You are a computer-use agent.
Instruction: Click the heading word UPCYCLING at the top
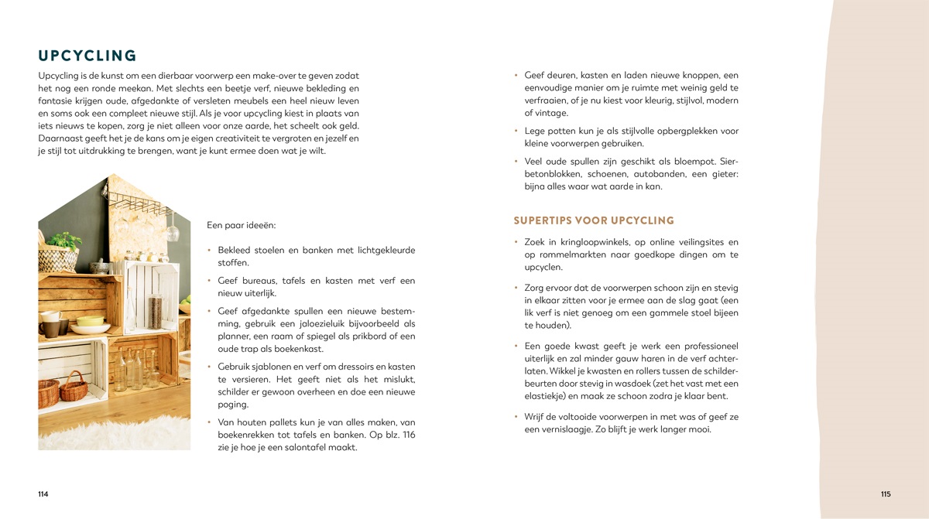[87, 56]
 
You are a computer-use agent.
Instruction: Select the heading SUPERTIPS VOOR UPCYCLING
[594, 220]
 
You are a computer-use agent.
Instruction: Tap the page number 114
[43, 494]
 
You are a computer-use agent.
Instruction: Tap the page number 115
[886, 494]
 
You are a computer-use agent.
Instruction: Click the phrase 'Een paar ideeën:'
[242, 226]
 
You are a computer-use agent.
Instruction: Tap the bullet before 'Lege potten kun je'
[516, 131]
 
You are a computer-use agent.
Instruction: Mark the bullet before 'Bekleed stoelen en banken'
[210, 251]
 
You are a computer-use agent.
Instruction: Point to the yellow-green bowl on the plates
[91, 320]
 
